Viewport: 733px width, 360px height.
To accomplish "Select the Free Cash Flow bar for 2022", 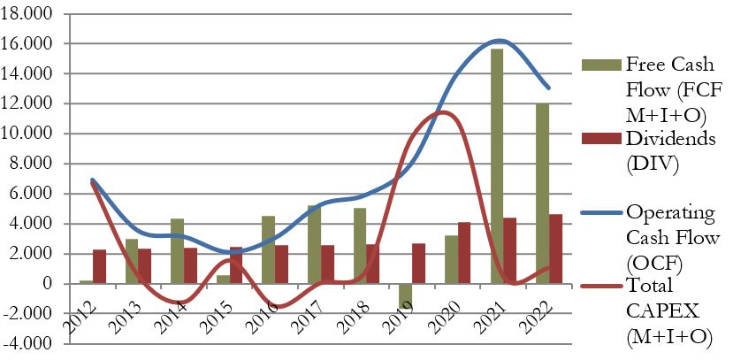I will tap(541, 194).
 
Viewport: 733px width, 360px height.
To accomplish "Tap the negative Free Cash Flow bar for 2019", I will tap(406, 295).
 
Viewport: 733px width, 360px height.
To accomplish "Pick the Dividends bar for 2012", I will tap(100, 266).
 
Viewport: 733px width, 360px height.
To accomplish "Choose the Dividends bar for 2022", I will tap(555, 249).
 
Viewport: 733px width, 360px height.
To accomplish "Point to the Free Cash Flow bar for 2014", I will tap(176, 251).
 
